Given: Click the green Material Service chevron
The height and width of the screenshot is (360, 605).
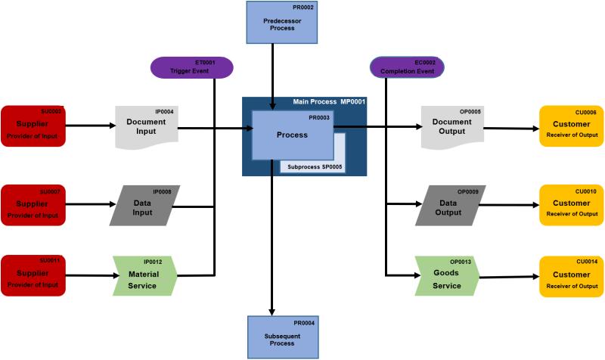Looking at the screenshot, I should coord(144,276).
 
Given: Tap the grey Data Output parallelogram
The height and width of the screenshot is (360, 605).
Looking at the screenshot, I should coord(451,205).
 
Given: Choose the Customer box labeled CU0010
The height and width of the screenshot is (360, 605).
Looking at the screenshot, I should coord(571,205).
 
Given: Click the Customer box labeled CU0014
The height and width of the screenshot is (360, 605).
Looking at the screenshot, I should coord(571,276).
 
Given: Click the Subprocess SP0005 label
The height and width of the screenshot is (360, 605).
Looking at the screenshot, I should coord(313,166).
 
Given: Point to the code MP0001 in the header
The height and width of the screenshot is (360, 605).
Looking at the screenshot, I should coord(353,101).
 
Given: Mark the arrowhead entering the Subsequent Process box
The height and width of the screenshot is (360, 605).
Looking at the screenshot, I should coord(272,311).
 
